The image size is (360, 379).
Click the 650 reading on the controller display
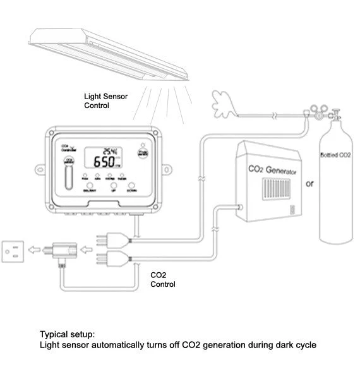(x=104, y=162)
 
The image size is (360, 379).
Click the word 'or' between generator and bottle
(x=308, y=185)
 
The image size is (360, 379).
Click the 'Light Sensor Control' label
(x=106, y=101)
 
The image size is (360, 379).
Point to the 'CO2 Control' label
(x=163, y=280)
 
